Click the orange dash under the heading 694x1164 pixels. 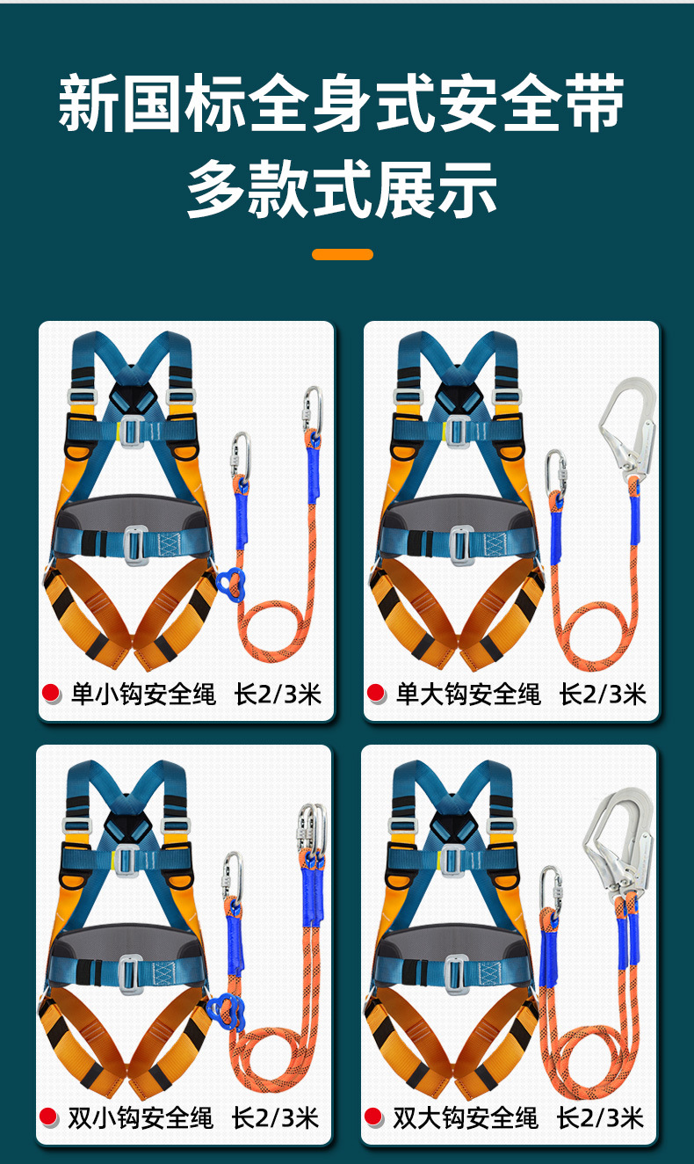pos(343,254)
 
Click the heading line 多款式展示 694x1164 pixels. pos(342,189)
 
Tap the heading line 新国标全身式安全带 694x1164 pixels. pos(341,102)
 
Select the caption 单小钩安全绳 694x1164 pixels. pos(143,695)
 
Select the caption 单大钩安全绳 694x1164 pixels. pos(468,695)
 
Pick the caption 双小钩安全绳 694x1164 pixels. pos(141,1118)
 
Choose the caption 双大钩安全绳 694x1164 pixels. pos(466,1118)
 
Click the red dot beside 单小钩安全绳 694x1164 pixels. pos(51,693)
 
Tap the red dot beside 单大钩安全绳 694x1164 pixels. pos(375,693)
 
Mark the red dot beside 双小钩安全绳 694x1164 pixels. pos(48,1117)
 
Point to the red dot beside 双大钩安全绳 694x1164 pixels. pos(373,1117)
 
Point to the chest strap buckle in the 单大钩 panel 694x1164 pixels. pos(458,432)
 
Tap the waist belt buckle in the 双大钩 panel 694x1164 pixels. pos(454,972)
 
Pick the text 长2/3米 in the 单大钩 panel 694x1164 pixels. pos(603,695)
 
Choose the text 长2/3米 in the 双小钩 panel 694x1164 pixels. pos(275,1118)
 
